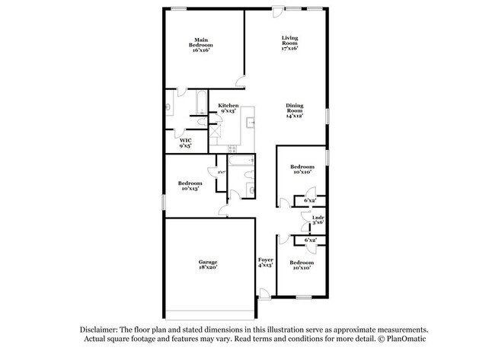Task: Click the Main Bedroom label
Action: [201, 42]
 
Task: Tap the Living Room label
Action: [289, 40]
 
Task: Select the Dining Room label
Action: [295, 106]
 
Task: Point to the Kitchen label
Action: [228, 105]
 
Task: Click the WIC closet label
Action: [185, 140]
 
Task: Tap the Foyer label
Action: [265, 260]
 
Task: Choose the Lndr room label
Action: [318, 218]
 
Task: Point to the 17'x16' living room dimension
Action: [289, 49]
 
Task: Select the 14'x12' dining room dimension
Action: [295, 116]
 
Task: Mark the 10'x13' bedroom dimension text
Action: [190, 188]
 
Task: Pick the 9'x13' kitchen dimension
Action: [228, 111]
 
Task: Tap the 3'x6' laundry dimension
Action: [318, 223]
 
